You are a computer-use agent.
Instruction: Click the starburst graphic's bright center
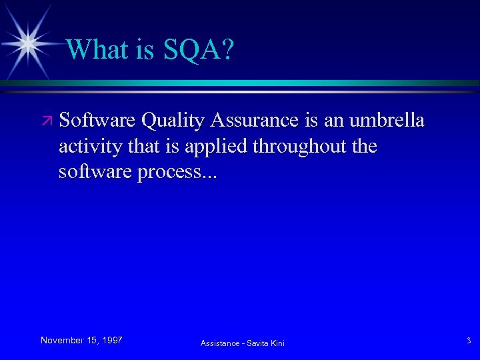click(x=28, y=43)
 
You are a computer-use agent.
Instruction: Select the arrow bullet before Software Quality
click(x=47, y=121)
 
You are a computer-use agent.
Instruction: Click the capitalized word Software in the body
click(x=98, y=121)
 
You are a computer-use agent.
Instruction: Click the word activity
click(x=88, y=147)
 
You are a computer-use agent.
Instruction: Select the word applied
click(x=215, y=147)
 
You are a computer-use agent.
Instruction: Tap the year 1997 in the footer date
click(x=111, y=340)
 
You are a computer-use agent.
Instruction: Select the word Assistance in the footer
click(x=221, y=343)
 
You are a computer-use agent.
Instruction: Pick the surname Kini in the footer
click(x=278, y=343)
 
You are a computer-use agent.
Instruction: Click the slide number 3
click(x=468, y=341)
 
